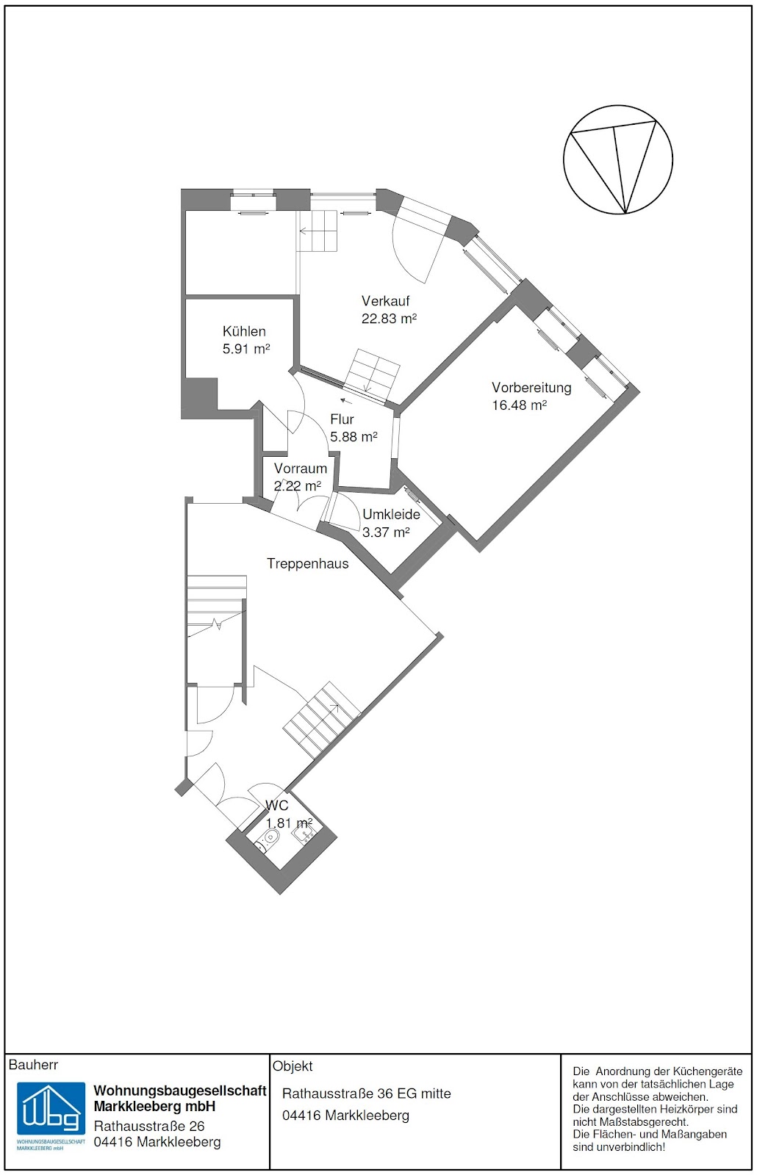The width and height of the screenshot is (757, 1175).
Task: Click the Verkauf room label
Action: click(x=385, y=301)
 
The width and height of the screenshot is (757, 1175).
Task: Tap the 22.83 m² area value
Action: click(x=389, y=319)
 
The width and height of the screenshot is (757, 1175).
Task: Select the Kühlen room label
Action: click(x=244, y=331)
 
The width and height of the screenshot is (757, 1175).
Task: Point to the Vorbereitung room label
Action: click(x=531, y=388)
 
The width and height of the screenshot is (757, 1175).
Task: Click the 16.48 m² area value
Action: click(x=519, y=405)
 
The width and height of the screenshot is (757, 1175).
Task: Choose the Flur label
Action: click(x=342, y=419)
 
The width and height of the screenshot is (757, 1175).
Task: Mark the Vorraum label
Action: click(x=301, y=469)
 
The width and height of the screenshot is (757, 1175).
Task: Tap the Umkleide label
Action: click(x=391, y=515)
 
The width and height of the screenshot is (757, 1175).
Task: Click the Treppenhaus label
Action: click(x=308, y=564)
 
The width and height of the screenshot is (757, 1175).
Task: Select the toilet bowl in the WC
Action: click(x=270, y=838)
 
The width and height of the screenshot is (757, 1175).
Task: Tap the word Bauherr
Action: click(x=34, y=1065)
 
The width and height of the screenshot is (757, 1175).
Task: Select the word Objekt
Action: click(x=293, y=1066)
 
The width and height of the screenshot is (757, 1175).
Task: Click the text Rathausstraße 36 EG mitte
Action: click(x=367, y=1093)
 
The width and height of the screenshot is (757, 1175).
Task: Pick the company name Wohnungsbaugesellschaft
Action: click(x=180, y=1091)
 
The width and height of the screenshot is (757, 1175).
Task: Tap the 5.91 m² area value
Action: click(x=246, y=349)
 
